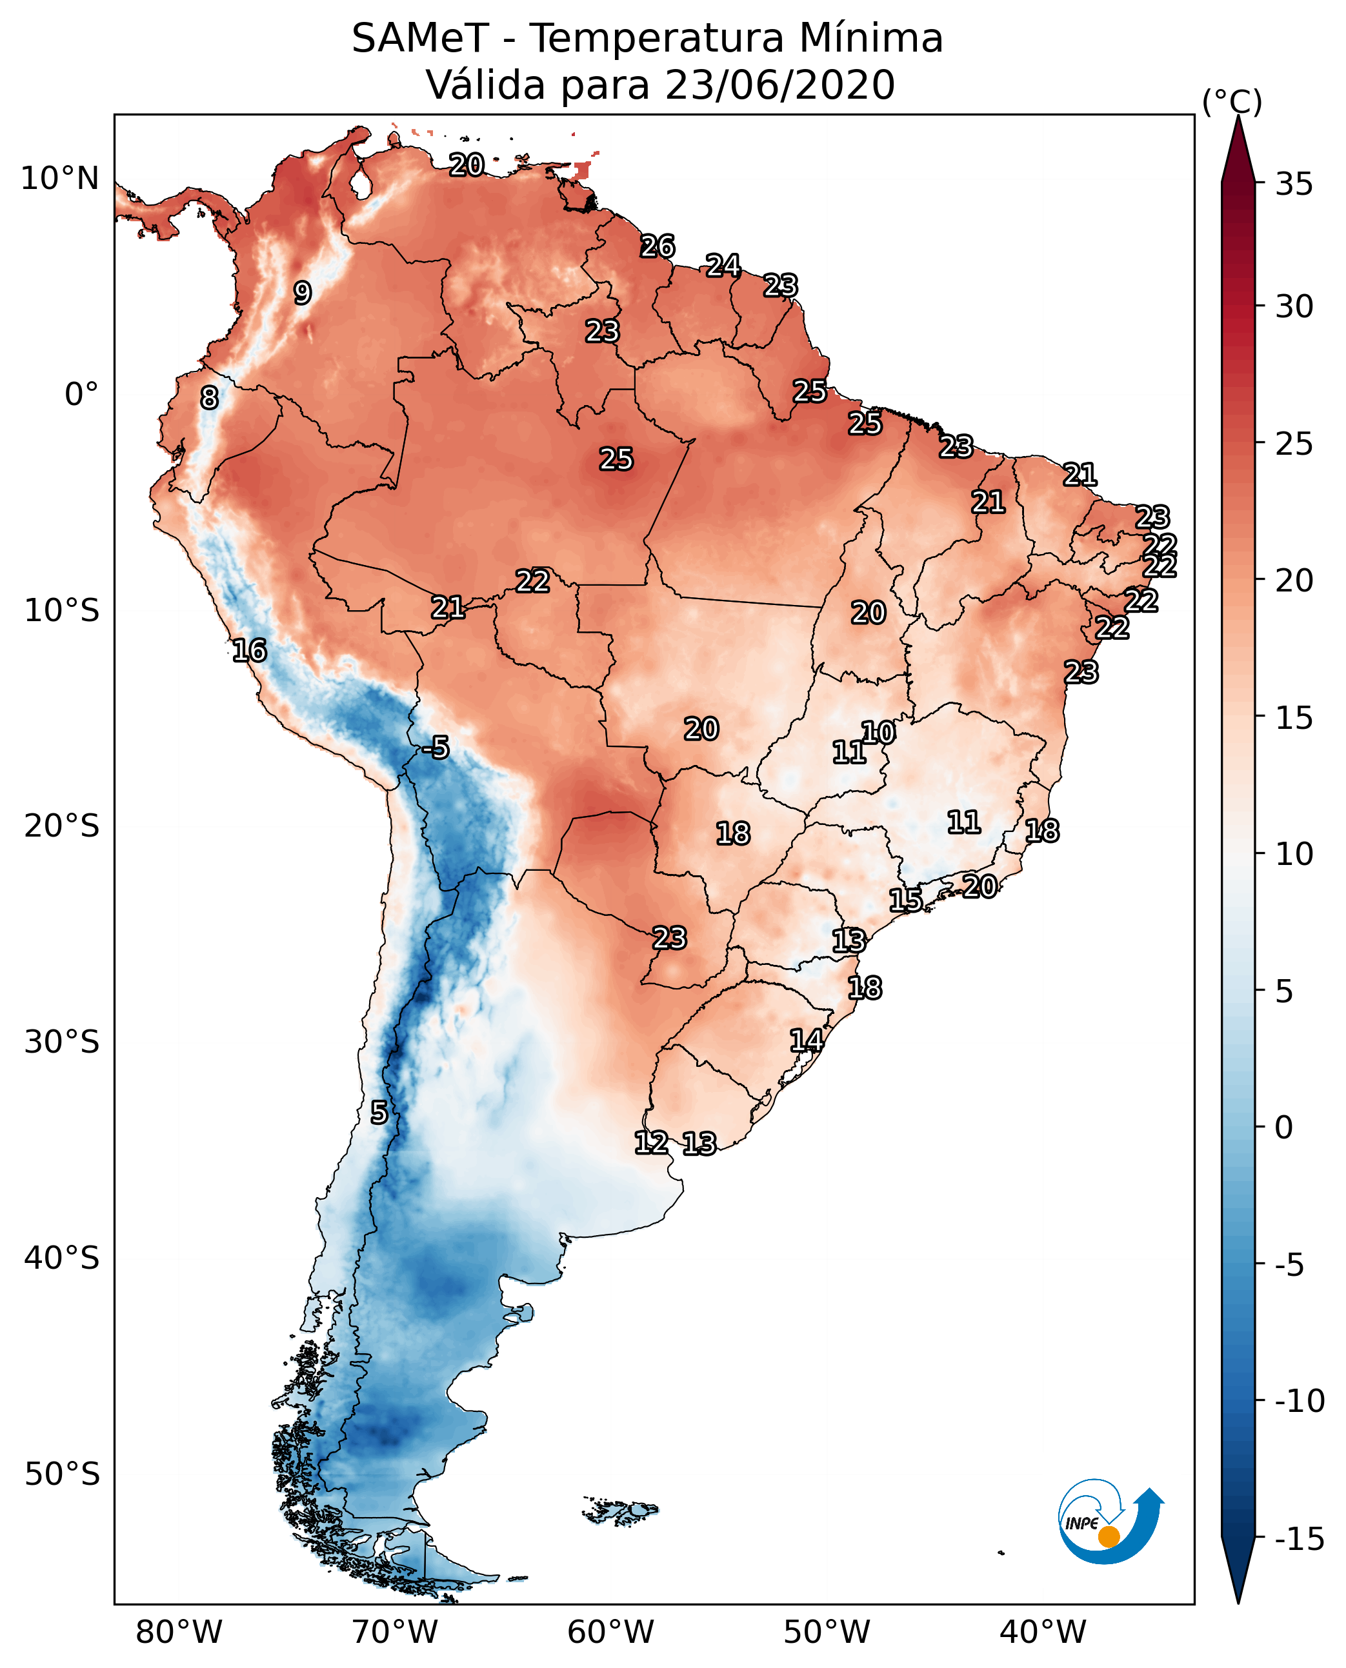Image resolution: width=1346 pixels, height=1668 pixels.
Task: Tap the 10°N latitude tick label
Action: (x=60, y=179)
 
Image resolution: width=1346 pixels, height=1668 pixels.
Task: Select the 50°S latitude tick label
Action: (x=61, y=1473)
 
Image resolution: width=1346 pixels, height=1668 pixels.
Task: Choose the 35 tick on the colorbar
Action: (x=1294, y=184)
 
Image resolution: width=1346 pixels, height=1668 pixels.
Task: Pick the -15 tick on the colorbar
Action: (x=1300, y=1538)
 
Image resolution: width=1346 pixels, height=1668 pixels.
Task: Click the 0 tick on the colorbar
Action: (x=1284, y=1127)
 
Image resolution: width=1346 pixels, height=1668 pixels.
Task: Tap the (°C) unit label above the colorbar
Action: (x=1232, y=101)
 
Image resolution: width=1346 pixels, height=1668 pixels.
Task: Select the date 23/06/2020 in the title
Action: (x=780, y=84)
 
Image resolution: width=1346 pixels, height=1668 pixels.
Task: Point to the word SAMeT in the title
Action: (x=420, y=38)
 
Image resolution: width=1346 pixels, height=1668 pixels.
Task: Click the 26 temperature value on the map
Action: (x=658, y=246)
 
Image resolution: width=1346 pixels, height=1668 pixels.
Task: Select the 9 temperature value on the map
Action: (x=303, y=293)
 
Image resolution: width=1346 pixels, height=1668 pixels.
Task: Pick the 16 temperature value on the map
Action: (x=250, y=650)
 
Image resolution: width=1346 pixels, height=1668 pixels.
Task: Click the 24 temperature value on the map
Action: (x=723, y=266)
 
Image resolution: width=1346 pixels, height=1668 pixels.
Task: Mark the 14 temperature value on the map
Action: (x=807, y=1040)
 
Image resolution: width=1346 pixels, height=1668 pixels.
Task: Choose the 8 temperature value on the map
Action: (x=209, y=397)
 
